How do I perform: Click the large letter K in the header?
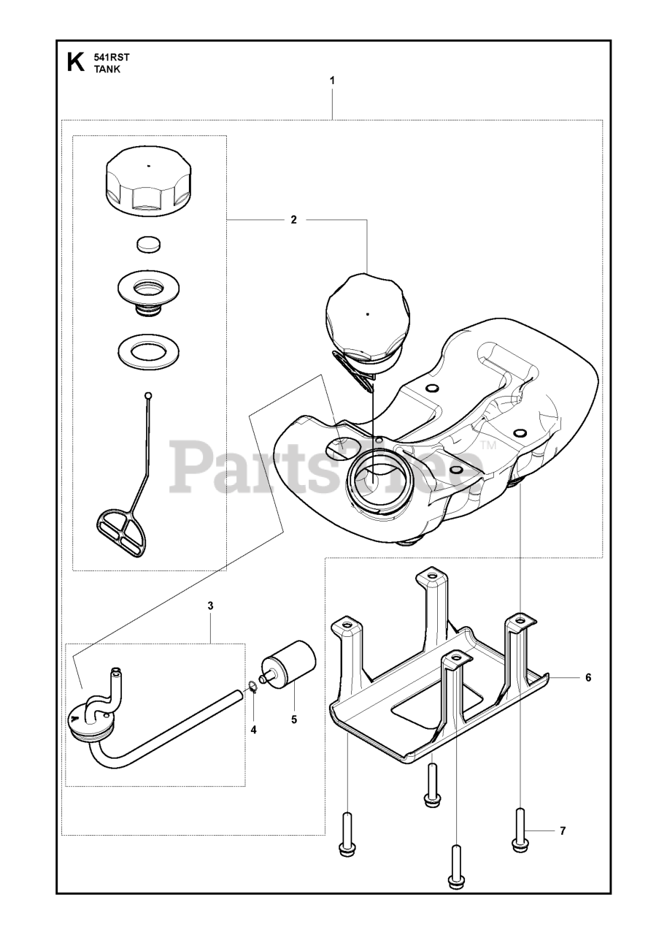(75, 63)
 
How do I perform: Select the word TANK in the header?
(107, 69)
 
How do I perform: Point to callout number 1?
(332, 80)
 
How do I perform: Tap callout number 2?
(294, 220)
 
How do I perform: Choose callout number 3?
(210, 606)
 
